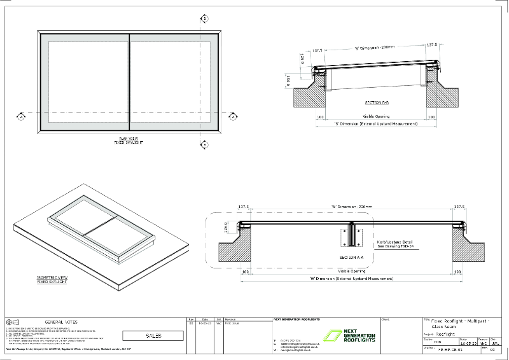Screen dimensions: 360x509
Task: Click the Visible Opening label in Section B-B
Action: coord(376,117)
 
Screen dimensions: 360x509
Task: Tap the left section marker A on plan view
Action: coord(20,117)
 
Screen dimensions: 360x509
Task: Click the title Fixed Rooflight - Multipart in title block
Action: coord(457,321)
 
